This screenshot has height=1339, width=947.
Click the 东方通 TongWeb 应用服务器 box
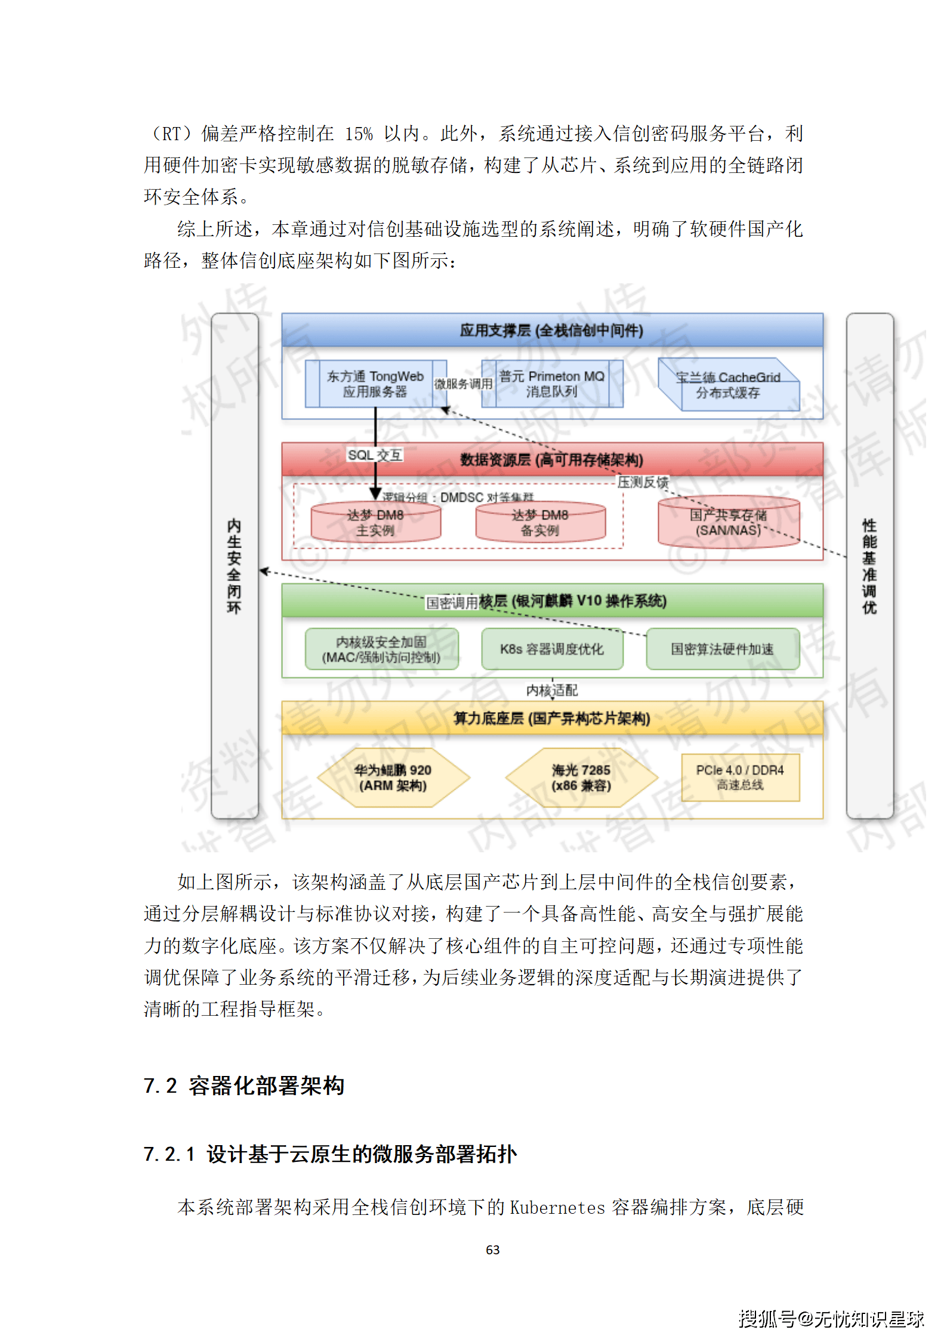pos(375,384)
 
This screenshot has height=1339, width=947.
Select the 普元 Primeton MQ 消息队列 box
pos(552,384)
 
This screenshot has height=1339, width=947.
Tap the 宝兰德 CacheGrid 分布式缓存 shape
pos(728,385)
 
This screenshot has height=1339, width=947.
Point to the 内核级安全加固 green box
pos(381,650)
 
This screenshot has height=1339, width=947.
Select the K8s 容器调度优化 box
pos(552,650)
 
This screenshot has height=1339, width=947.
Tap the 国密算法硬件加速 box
pos(722,650)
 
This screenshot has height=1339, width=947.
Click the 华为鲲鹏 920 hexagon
pos(393,778)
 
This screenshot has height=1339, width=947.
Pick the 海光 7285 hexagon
pos(581,778)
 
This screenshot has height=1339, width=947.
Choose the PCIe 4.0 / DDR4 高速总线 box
pos(740,778)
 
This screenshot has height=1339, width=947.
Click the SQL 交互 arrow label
pos(375,455)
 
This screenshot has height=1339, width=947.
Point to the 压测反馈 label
pos(643,482)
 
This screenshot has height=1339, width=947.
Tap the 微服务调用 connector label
pos(463,384)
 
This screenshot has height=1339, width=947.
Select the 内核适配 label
pos(552,691)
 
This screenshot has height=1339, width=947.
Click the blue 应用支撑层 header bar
pos(552,330)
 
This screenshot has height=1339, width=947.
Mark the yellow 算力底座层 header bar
pos(552,718)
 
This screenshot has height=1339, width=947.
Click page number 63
pos(493,1250)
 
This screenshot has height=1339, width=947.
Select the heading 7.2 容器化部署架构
pos(244,1086)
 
